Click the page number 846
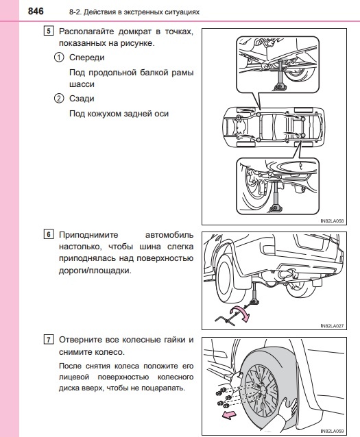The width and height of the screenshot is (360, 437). (x=36, y=11)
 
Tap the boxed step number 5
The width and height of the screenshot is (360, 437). (x=48, y=31)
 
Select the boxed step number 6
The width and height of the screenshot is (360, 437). (x=48, y=234)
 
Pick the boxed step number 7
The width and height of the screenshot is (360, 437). (x=48, y=340)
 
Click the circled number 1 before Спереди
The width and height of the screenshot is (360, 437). (x=58, y=58)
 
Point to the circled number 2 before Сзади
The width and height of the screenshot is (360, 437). (x=58, y=99)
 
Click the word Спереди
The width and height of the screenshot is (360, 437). (x=87, y=58)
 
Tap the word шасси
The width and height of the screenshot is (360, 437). (x=82, y=84)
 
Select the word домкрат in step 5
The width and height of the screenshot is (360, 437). (x=135, y=32)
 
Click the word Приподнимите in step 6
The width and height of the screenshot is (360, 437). (x=88, y=235)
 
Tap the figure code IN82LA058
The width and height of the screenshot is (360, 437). (x=332, y=221)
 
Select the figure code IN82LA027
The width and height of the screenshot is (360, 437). (x=332, y=325)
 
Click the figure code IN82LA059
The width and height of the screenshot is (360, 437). (x=332, y=431)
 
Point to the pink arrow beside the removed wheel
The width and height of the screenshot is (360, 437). (x=229, y=415)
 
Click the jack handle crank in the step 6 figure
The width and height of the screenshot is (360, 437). (x=227, y=319)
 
